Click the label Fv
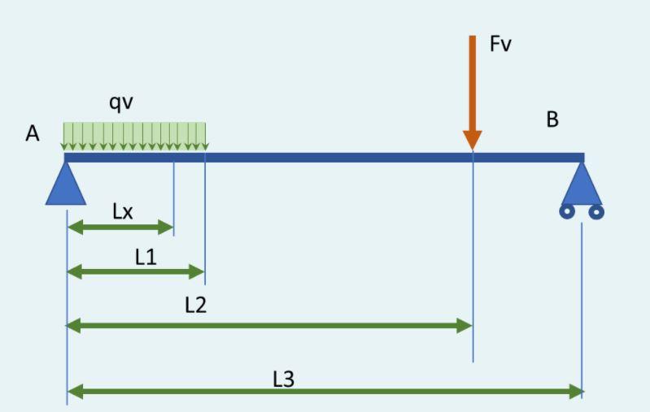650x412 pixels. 500,44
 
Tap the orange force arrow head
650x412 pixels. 472,140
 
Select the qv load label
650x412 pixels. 121,102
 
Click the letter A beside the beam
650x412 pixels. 33,134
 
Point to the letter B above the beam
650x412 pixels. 552,120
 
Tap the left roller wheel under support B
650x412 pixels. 567,212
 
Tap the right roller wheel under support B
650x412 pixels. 596,212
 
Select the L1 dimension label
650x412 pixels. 146,257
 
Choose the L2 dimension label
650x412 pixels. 195,306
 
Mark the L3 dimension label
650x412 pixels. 283,378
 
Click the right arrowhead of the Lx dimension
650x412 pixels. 168,227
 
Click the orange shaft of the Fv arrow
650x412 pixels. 472,81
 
